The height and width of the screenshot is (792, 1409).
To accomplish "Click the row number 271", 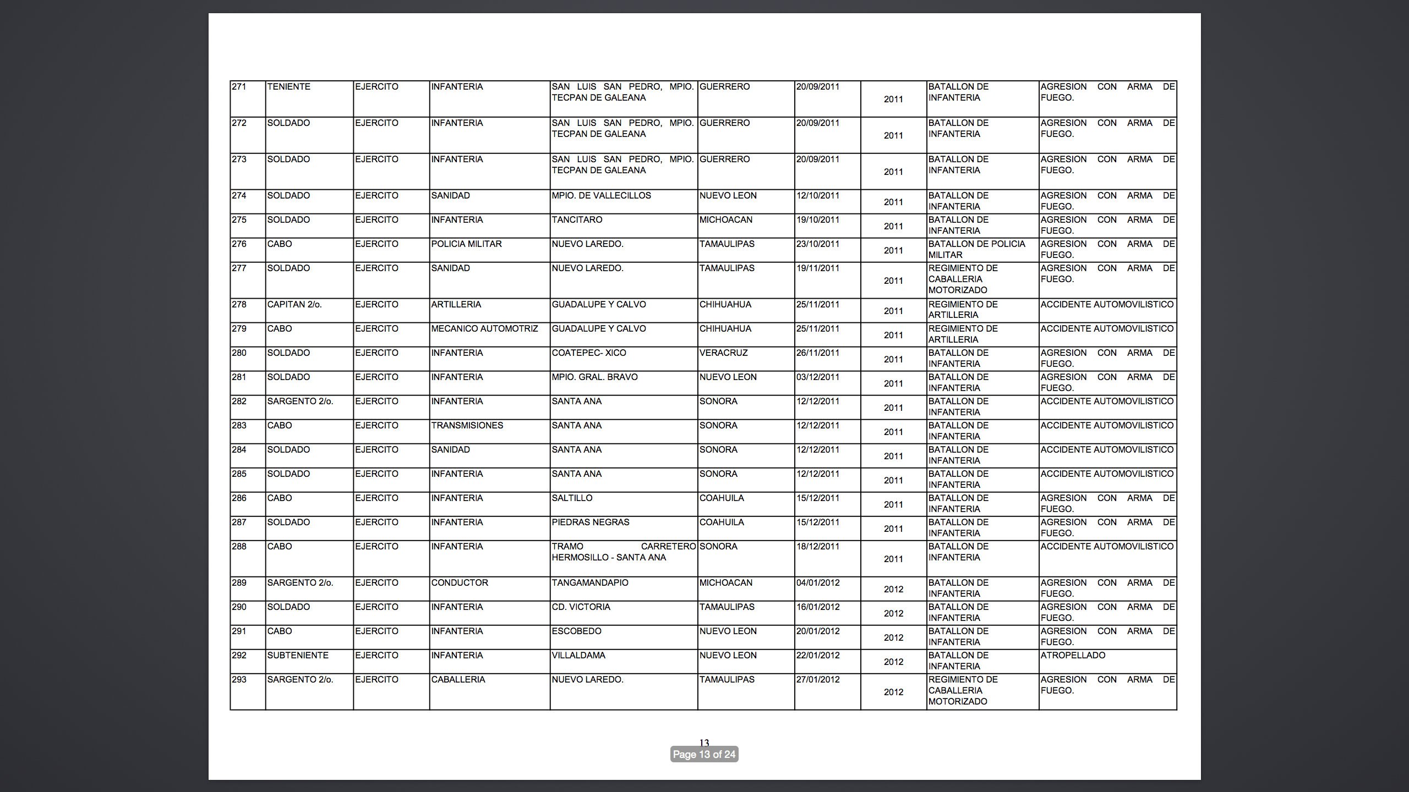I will (x=239, y=87).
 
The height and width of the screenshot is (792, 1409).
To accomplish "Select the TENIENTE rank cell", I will (x=289, y=87).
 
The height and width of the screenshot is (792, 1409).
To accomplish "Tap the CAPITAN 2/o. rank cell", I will (x=294, y=305).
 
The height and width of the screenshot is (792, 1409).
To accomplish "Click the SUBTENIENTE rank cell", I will (x=298, y=656).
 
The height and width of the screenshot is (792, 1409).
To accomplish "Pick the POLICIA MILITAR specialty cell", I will (x=467, y=244).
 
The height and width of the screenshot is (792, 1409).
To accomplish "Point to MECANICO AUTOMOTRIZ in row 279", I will (x=484, y=329).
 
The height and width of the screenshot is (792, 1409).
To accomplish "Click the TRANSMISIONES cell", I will (x=467, y=426).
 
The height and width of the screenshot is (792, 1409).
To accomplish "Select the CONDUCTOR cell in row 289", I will (x=460, y=583).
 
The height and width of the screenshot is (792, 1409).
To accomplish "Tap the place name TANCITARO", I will (x=577, y=220).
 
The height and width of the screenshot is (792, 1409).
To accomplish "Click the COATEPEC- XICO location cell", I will (x=589, y=353).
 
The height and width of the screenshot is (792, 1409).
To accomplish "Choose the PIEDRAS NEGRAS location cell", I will (x=591, y=522).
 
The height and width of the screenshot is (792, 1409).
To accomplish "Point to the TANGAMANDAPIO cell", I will (x=590, y=583).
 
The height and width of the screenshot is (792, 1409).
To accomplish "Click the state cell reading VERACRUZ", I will (x=723, y=353).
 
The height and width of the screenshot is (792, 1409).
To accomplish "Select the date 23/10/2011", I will (x=818, y=244).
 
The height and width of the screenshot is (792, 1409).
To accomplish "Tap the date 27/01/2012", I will (x=818, y=680).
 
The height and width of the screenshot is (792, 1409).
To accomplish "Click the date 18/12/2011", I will (x=818, y=547).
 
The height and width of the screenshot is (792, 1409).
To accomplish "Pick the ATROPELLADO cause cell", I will (x=1073, y=656).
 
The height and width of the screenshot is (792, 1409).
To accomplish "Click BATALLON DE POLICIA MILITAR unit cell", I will (x=976, y=250).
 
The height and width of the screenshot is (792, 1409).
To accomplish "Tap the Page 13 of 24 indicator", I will (x=704, y=755).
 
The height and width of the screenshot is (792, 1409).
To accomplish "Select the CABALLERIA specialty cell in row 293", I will (x=458, y=680).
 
